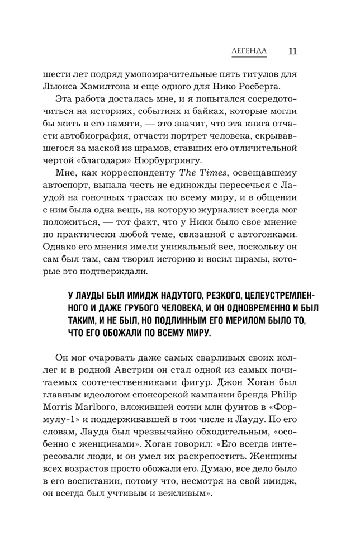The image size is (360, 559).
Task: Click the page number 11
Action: [293, 51]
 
